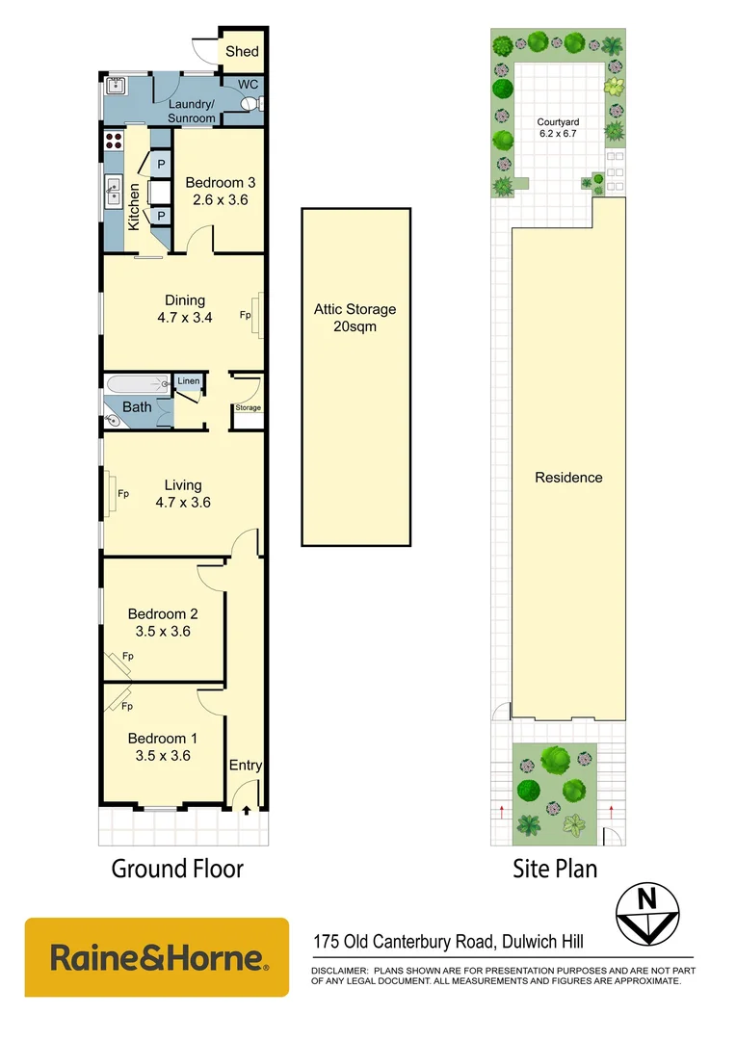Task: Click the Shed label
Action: (x=243, y=52)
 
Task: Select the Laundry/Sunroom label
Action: (x=192, y=111)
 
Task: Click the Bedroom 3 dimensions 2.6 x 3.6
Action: (x=219, y=200)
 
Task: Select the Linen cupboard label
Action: (x=188, y=382)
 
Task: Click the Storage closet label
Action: (x=247, y=408)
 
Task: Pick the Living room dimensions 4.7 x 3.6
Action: (x=182, y=502)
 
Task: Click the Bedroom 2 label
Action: (x=163, y=614)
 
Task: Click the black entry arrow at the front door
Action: (x=246, y=811)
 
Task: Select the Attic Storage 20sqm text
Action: (x=355, y=318)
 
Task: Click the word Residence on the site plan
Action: (x=568, y=478)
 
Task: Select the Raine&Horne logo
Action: (x=156, y=957)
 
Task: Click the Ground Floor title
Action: (x=177, y=869)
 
